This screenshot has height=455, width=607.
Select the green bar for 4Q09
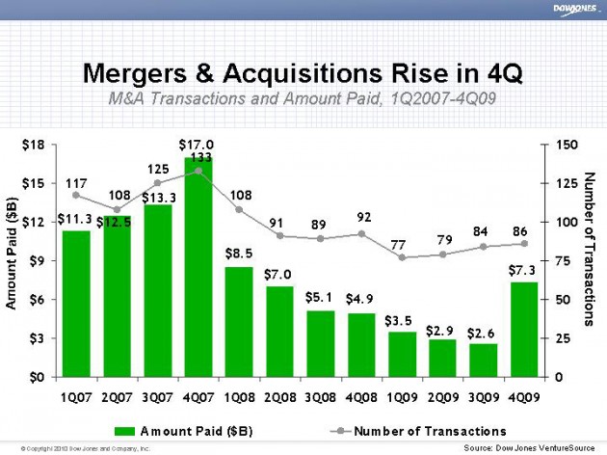point(523,329)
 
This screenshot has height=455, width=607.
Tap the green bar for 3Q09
point(483,360)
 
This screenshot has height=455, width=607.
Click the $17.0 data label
point(197,145)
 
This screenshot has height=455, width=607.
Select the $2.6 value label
point(481,333)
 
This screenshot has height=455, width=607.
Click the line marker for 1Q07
point(76,195)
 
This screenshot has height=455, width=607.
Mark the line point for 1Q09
point(402,257)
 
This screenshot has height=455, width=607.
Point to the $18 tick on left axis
point(33,145)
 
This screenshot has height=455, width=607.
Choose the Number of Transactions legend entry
point(414,430)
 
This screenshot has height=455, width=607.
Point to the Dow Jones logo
point(573,10)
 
